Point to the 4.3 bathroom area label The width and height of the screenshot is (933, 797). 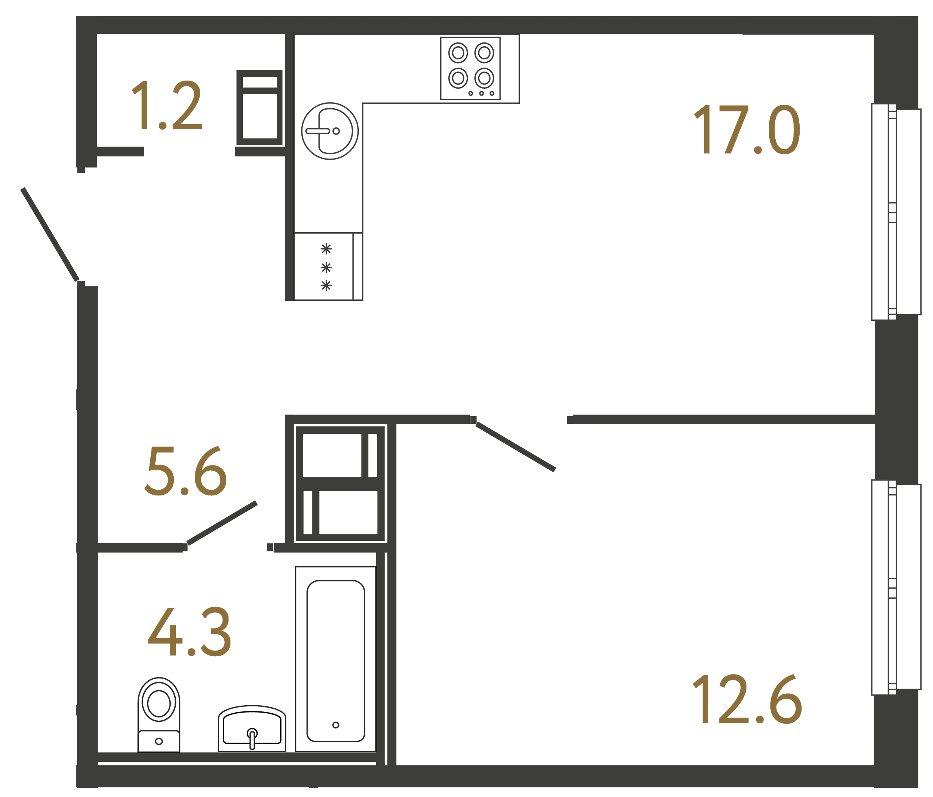point(189,632)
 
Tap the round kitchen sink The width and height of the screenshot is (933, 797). point(329,131)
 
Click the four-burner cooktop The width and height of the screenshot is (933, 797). point(470,68)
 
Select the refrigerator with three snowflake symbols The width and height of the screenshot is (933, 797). point(328,266)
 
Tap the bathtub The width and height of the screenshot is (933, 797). point(335,660)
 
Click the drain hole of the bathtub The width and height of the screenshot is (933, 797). point(335,725)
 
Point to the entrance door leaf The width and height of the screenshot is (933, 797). point(50,234)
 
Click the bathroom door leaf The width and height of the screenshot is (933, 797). point(222,522)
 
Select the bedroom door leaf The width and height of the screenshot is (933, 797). point(516,447)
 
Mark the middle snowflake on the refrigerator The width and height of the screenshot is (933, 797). point(326,268)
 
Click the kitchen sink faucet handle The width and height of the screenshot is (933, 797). point(318,131)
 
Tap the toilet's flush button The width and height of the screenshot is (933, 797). point(158,741)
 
